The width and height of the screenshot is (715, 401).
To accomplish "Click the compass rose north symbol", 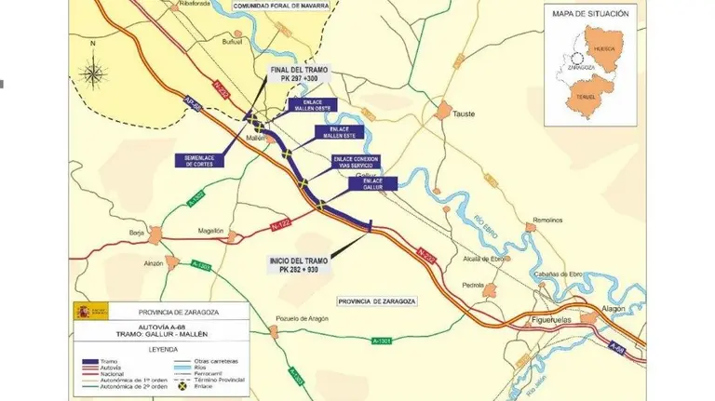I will (x=92, y=72).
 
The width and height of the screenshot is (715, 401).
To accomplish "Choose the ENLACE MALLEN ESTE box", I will (x=343, y=132).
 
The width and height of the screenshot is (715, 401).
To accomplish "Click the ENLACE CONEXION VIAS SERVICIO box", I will (x=357, y=162).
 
